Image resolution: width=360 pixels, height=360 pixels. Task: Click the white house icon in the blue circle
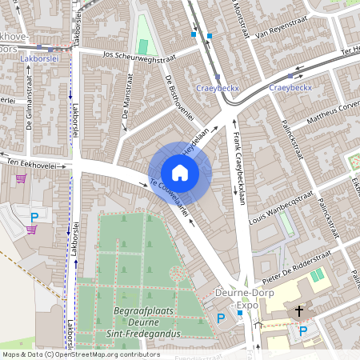[x=180, y=173]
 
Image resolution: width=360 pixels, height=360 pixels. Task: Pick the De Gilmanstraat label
[x=29, y=111]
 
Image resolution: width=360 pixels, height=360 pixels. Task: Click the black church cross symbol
[x=300, y=310]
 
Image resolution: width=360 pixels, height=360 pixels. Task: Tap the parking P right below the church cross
[x=303, y=330]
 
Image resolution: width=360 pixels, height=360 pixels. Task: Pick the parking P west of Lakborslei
[x=34, y=217]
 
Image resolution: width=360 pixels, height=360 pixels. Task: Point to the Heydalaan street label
[x=198, y=141]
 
